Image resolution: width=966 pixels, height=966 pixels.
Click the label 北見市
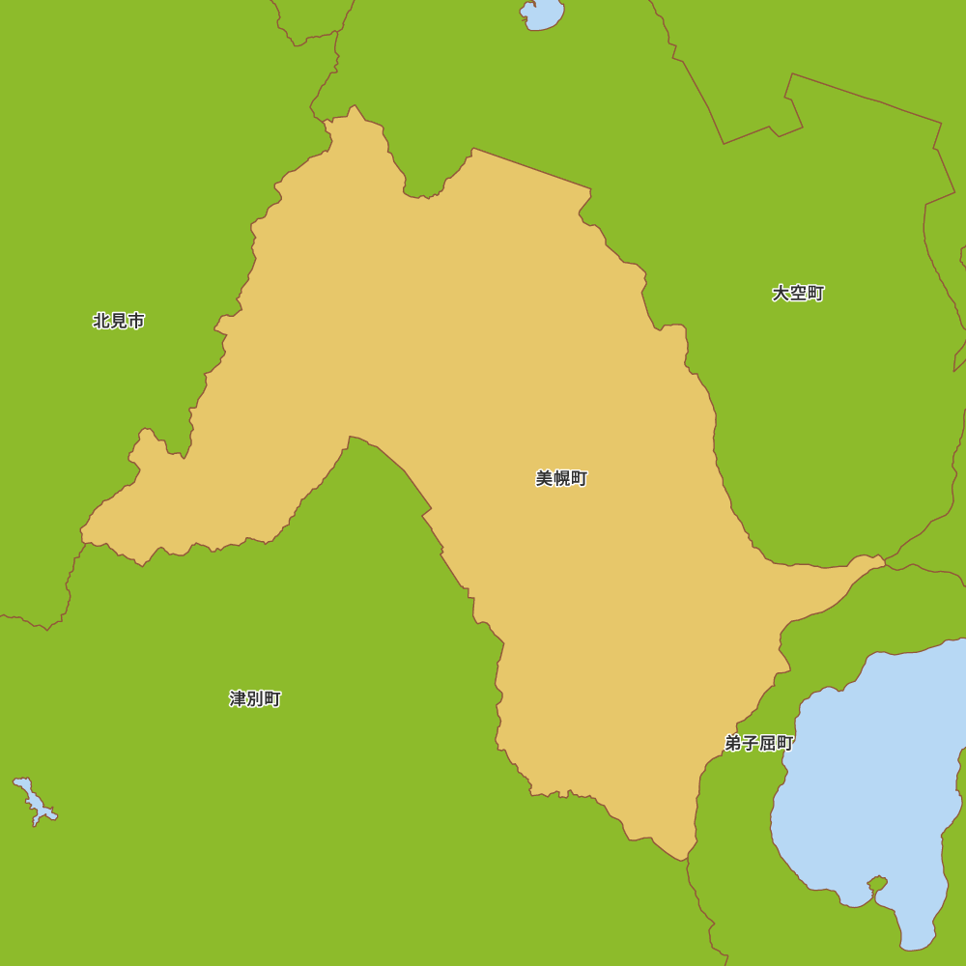(x=119, y=321)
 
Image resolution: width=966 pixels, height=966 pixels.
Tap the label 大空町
(x=798, y=293)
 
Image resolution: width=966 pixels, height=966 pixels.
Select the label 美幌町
(x=561, y=478)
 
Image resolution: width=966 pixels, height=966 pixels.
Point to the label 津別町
(x=255, y=698)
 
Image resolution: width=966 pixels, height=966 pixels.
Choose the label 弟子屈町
(x=759, y=743)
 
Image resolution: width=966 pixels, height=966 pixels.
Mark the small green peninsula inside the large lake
(x=877, y=883)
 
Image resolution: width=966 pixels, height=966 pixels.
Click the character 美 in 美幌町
(x=545, y=478)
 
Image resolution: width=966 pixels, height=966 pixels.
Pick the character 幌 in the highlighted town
(x=561, y=478)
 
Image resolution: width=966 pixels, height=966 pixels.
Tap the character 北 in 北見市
(x=101, y=321)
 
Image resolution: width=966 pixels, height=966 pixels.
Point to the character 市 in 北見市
(x=136, y=321)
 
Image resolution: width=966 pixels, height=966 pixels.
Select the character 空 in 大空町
(x=798, y=293)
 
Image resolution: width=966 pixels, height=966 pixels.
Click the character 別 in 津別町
(x=255, y=698)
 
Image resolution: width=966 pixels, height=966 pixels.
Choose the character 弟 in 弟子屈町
(x=733, y=743)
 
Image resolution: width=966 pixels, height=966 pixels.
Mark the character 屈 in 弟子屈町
(x=768, y=743)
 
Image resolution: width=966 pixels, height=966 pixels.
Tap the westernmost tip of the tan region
(x=81, y=530)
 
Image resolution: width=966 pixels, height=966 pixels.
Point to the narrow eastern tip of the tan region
(x=882, y=558)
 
